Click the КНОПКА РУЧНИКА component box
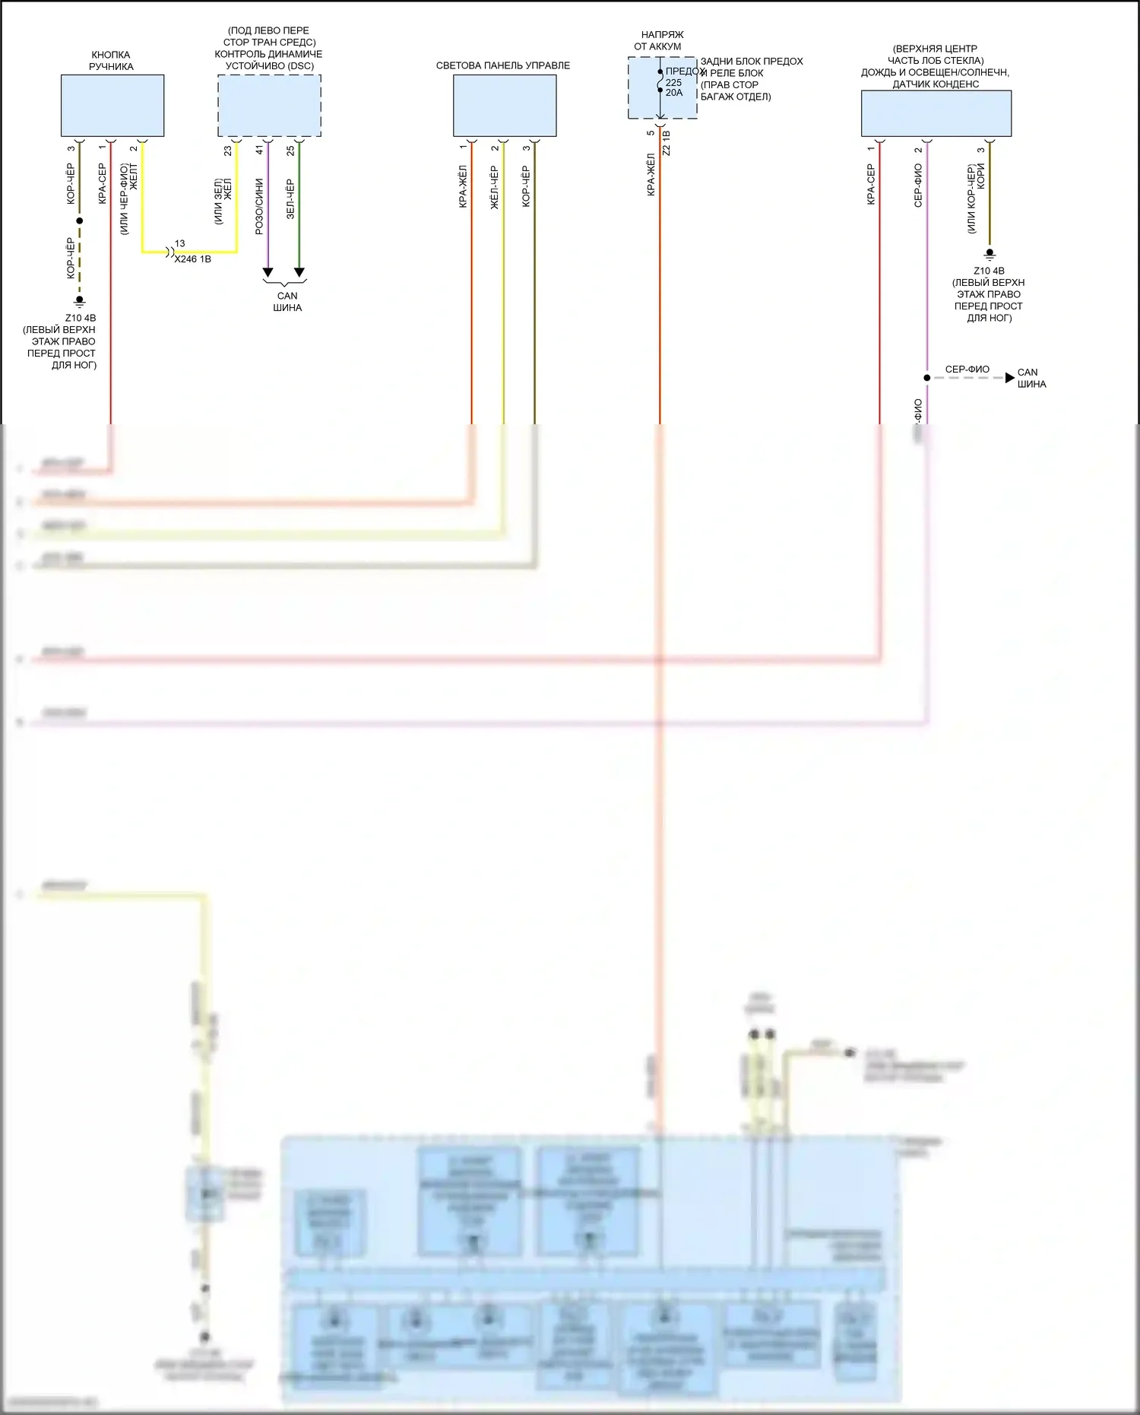[112, 105]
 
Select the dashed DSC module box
[269, 106]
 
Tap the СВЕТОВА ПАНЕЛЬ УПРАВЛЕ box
[505, 106]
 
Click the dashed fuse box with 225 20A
[662, 87]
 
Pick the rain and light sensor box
[936, 113]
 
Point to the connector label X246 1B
[193, 259]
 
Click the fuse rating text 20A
[674, 93]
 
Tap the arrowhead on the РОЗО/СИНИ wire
[268, 272]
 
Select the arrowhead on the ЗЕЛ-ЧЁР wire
[299, 272]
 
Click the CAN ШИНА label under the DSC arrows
[287, 302]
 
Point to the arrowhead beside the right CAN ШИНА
[1009, 378]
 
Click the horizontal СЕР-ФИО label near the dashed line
[967, 370]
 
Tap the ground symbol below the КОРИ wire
[989, 254]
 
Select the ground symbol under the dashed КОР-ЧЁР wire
[79, 301]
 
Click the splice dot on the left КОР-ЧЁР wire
[79, 220]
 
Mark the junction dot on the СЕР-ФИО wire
[926, 378]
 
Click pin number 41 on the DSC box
[259, 151]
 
